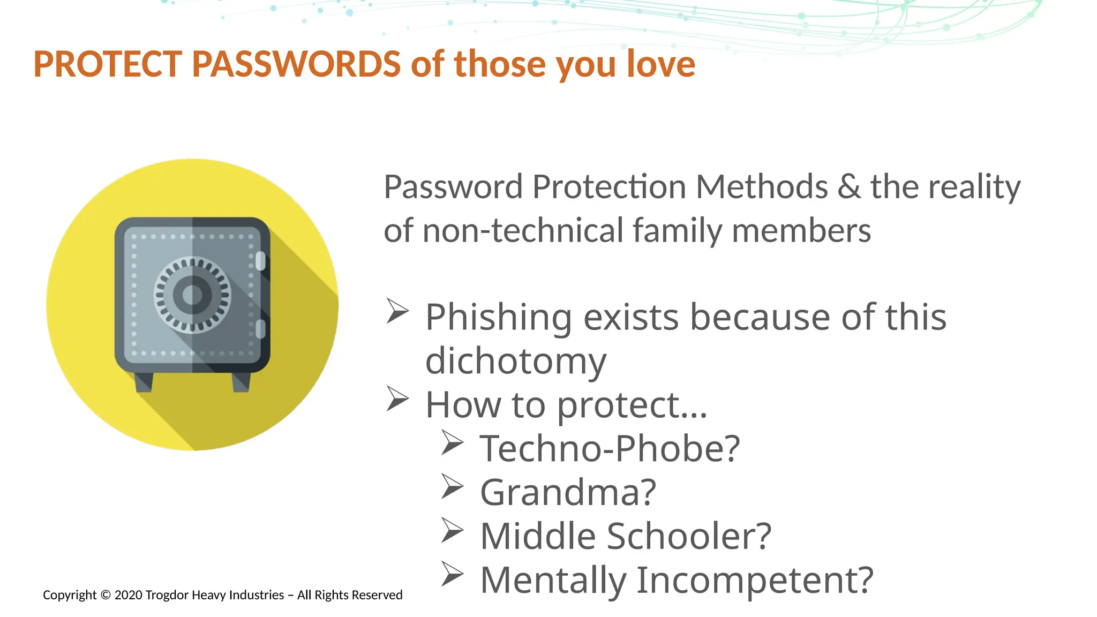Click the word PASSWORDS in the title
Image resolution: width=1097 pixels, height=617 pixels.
click(x=296, y=64)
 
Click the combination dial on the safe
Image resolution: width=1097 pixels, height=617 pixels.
click(x=192, y=295)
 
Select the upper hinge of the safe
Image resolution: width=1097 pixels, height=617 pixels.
click(x=260, y=261)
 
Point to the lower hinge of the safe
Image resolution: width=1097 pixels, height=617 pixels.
click(x=260, y=329)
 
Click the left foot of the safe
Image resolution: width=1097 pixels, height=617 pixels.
click(x=144, y=382)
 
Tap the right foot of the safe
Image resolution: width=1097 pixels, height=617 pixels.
click(x=241, y=382)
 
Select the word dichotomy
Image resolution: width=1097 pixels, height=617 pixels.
click(x=515, y=361)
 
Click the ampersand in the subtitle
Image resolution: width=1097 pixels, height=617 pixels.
click(x=849, y=187)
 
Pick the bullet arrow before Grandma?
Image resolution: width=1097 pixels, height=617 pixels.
click(x=452, y=486)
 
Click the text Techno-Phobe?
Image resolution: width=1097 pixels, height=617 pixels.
click(x=609, y=448)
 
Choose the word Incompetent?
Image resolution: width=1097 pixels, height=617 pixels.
click(x=754, y=580)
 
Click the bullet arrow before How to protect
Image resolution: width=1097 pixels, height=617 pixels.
click(x=397, y=399)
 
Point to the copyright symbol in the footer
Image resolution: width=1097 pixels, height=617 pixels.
click(x=105, y=595)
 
